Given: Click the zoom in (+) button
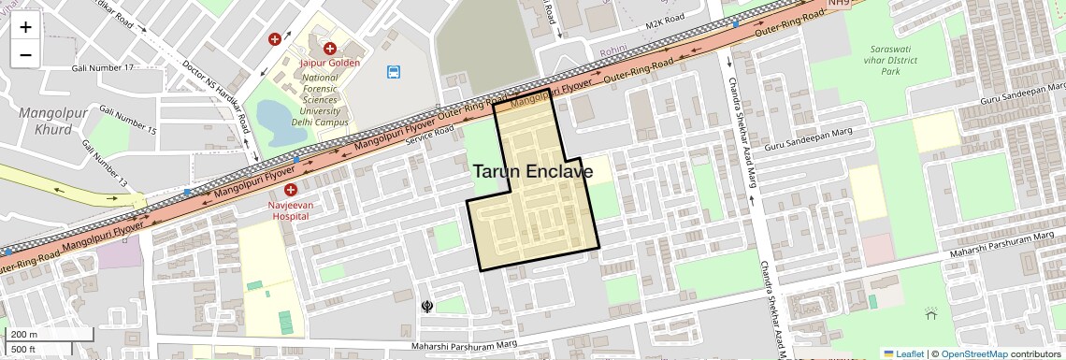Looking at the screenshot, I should coord(25,27).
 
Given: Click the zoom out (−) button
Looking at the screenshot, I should coord(25,54).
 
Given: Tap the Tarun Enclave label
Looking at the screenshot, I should coord(532,172).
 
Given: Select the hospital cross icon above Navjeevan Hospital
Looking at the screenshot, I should coord(291,190).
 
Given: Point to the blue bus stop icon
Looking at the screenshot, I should coord(395,71).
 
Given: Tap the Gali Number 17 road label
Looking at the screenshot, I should coord(108,68).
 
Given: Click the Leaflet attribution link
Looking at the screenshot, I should coord(903,353).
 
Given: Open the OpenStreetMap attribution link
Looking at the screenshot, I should coord(973,353).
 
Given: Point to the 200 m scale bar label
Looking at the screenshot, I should coord(24,335).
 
